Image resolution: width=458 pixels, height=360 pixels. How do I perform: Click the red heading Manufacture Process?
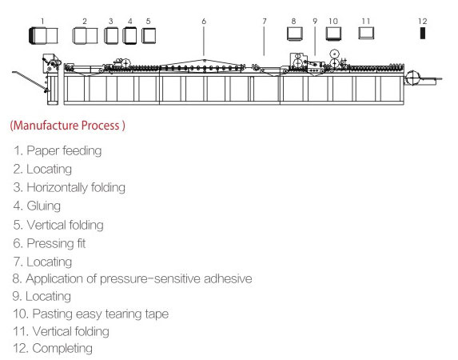coord(67,126)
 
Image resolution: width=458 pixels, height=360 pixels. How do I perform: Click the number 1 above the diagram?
coord(42,22)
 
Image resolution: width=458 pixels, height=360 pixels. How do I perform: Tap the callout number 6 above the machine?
coord(204,22)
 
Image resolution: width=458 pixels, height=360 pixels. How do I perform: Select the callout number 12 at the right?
coord(422,22)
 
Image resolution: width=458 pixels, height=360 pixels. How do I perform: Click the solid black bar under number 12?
coord(422,33)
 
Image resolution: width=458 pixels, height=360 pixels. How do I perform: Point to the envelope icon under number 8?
coord(294,34)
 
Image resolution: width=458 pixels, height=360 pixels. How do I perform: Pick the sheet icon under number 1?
coord(43,35)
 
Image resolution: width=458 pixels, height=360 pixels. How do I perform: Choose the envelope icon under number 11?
coord(366,33)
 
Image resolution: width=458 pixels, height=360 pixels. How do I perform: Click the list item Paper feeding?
coord(58,151)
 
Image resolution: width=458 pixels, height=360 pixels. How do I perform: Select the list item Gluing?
coord(37,206)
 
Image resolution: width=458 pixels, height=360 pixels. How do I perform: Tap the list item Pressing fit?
coord(50,244)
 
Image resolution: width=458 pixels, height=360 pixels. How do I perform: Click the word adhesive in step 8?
coord(228,278)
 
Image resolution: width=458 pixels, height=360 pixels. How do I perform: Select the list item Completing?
coord(53,348)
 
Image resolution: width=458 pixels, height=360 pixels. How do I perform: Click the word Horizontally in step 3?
coord(57,188)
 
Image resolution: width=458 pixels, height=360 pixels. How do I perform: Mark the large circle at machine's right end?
coord(412,78)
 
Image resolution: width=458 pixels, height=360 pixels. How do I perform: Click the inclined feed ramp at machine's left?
coord(30,82)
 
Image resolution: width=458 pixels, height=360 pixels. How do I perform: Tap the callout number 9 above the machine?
coord(315,22)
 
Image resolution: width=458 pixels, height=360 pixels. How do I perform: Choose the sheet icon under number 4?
coord(129,35)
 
